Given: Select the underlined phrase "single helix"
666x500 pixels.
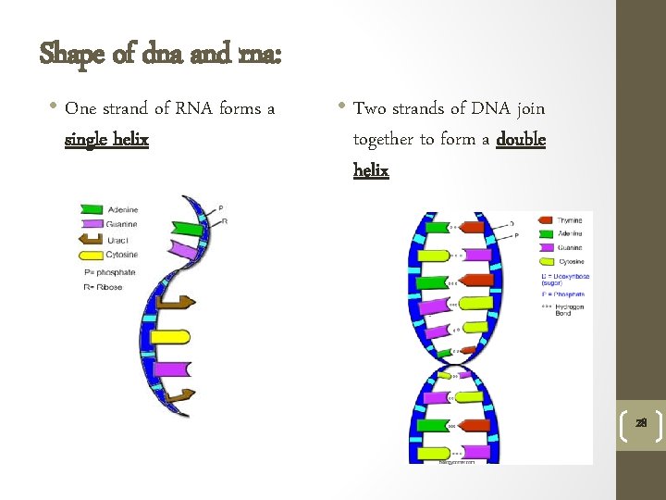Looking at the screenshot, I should [106, 141].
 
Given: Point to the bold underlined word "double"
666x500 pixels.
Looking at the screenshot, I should [521, 140].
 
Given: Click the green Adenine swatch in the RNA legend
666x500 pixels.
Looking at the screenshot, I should [91, 210].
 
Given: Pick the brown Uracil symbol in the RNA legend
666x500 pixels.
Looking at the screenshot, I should [91, 239].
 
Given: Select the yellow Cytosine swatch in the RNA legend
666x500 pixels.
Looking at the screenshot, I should [91, 254].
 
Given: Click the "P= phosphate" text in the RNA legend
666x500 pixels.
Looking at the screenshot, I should [109, 271].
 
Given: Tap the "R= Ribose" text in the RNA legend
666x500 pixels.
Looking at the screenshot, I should [103, 286].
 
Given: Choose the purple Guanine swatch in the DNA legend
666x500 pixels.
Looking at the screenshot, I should [546, 247].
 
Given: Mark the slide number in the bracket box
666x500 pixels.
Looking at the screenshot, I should [640, 423].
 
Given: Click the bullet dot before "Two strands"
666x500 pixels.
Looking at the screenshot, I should [342, 107].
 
